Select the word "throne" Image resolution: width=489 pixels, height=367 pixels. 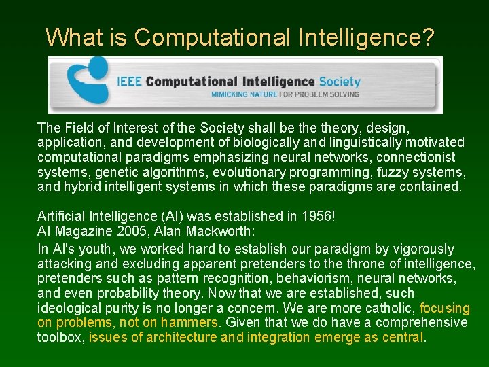364,264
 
